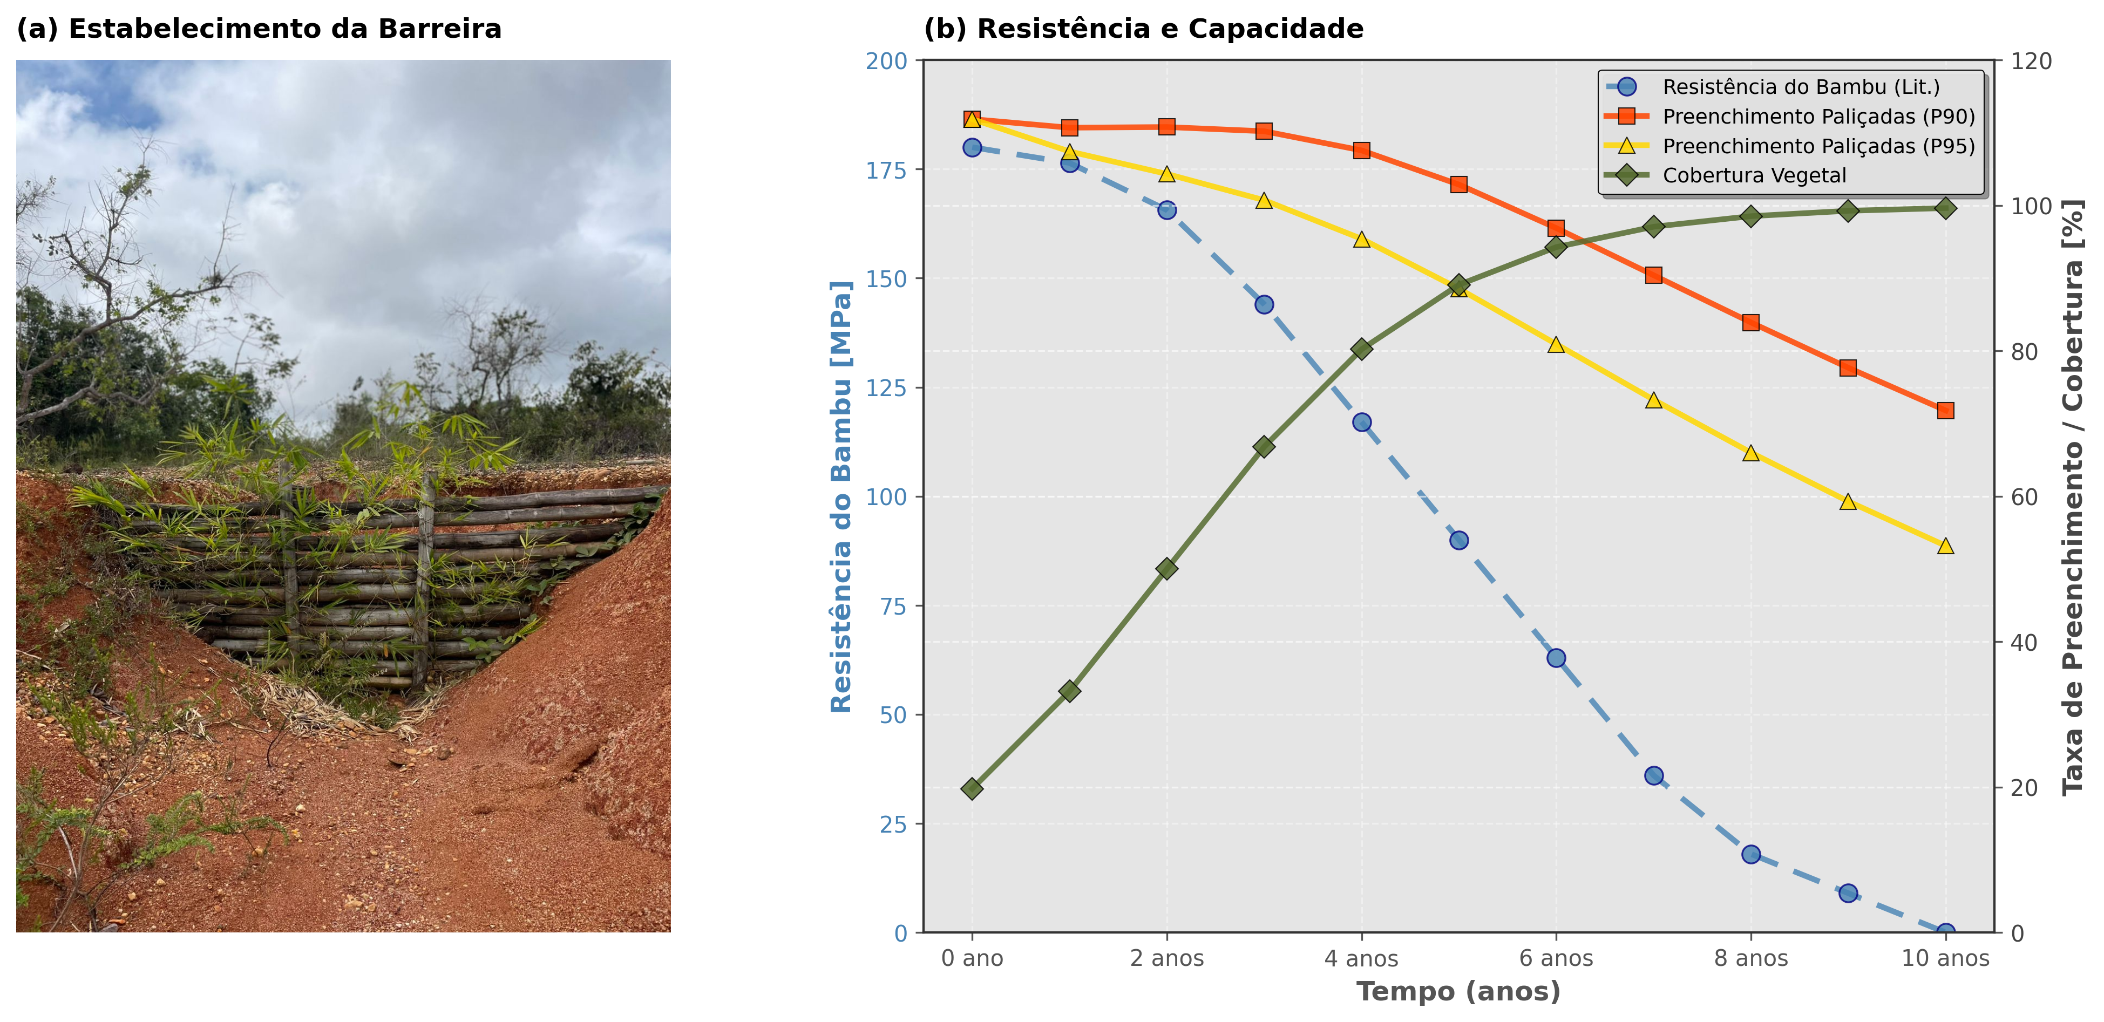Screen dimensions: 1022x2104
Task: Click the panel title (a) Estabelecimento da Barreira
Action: click(259, 29)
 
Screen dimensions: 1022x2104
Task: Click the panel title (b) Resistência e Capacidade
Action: click(1143, 29)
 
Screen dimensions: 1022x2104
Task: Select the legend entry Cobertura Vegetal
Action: click(1754, 175)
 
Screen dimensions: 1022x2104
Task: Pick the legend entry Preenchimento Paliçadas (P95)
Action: click(1818, 146)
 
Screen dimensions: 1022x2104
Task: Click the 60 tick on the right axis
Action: click(2024, 496)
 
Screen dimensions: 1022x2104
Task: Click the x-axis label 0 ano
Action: click(972, 958)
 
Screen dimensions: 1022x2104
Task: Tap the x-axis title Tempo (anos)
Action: click(1458, 992)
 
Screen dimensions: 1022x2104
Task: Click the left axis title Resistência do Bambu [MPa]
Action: click(841, 496)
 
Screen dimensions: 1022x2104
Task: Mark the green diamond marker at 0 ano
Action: click(972, 788)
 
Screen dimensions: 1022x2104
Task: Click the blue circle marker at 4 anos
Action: click(1362, 422)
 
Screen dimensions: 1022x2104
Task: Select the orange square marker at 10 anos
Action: click(1945, 411)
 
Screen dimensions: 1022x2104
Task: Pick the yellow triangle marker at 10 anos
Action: click(1945, 546)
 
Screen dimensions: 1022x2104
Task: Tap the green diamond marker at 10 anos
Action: click(1945, 208)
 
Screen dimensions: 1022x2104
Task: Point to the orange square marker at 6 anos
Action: click(1556, 228)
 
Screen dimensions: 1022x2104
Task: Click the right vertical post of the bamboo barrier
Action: click(424, 580)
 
